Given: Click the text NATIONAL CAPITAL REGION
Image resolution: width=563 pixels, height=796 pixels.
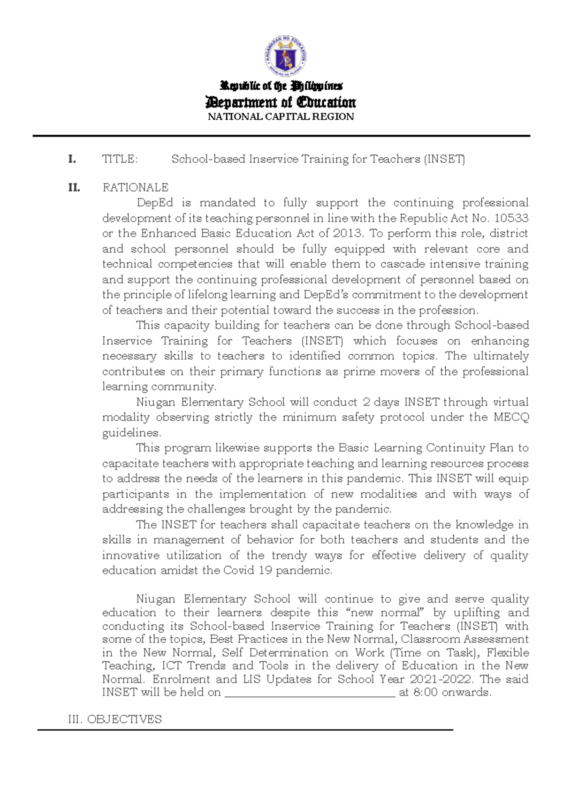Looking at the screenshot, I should point(281,117).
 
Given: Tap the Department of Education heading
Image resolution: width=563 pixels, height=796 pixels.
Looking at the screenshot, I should point(281,102).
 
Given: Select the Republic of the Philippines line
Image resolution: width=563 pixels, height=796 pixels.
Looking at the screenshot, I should point(281,86).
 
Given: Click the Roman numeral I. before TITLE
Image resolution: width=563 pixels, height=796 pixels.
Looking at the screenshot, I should point(72,159).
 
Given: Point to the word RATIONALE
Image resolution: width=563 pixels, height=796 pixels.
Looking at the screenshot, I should point(136,187).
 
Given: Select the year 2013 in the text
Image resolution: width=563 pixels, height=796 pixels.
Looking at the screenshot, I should point(347,233).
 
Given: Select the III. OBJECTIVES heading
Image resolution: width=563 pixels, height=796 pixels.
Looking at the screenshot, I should point(115,719).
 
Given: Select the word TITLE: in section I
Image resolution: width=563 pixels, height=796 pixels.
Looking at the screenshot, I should point(120,159).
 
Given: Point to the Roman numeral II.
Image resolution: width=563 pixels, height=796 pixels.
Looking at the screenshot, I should point(74,188).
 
